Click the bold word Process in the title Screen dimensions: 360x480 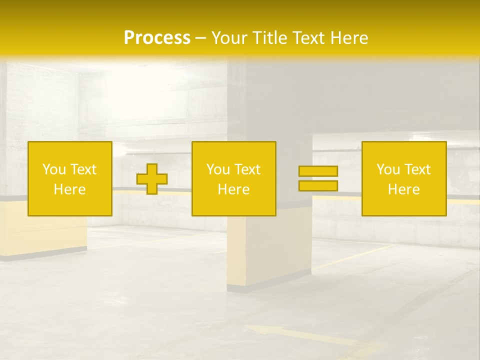157,38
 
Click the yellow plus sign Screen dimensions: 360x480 152,179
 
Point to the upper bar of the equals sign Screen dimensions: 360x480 318,171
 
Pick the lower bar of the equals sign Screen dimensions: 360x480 318,186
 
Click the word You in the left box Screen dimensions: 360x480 54,169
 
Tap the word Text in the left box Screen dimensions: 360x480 83,169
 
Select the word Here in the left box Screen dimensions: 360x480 69,189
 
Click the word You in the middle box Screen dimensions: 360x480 218,169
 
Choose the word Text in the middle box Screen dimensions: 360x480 247,169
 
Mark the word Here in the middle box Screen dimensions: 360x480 233,189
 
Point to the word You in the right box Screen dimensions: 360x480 388,169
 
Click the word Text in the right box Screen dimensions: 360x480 417,169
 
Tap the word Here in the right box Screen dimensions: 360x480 403,189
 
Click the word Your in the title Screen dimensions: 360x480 228,38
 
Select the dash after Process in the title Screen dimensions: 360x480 200,38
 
